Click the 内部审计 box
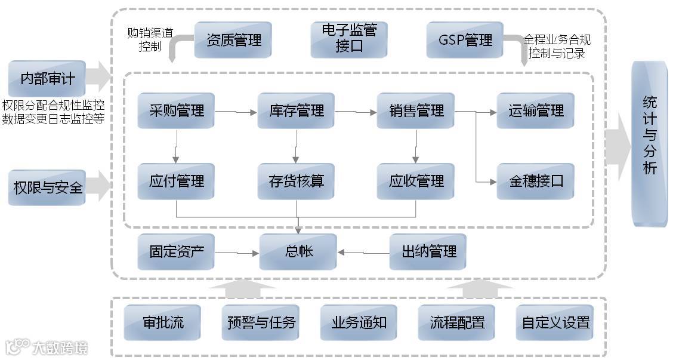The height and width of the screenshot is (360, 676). click(47, 78)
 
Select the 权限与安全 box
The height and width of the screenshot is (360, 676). click(47, 187)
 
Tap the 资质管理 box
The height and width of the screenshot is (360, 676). click(233, 40)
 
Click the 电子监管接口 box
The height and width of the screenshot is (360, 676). click(349, 39)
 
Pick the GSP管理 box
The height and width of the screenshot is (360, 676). click(465, 40)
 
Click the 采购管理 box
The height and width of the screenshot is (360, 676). click(177, 110)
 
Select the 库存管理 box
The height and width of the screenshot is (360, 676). click(297, 110)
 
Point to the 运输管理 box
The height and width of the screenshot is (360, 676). click(536, 110)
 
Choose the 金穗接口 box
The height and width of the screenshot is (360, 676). click(536, 181)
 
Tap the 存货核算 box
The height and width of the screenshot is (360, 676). click(297, 181)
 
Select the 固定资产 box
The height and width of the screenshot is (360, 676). click(177, 251)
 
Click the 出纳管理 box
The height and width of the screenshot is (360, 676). click(428, 251)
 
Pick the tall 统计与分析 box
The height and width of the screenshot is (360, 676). click(650, 143)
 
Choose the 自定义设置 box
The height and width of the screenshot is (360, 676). click(555, 323)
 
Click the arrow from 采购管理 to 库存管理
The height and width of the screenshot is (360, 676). click(236, 112)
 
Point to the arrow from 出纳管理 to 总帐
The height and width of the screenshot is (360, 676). click(363, 253)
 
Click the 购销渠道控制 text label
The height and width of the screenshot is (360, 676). click(149, 39)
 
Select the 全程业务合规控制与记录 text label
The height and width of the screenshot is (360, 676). click(557, 46)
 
